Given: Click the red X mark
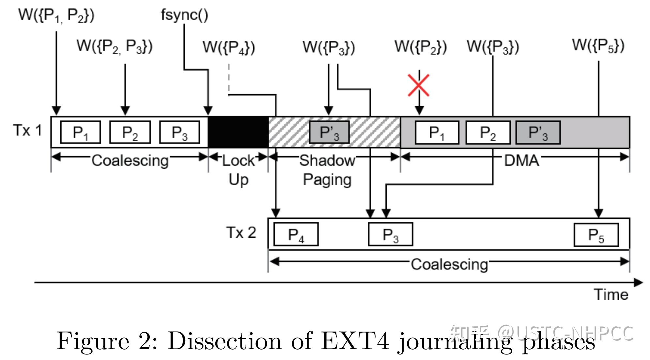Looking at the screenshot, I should point(419,85).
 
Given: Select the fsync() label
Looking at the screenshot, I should point(184,15).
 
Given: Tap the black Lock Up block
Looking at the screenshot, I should point(238,132).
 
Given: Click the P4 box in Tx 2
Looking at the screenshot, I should point(296,234).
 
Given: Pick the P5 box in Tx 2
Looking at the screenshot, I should point(596,234).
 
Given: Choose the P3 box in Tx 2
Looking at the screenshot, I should point(391,234).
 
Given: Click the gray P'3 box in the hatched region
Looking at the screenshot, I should point(329,132).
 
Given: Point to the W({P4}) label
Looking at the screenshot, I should point(229,47).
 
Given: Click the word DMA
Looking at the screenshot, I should point(521,160).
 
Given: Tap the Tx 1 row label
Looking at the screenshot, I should point(28,130).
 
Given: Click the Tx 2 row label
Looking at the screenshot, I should point(241,233).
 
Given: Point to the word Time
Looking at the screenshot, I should point(611,294).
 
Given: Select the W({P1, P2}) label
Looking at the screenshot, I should point(56,15).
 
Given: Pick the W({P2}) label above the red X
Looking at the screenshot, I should point(421,47).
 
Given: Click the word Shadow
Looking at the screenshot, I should point(327,160).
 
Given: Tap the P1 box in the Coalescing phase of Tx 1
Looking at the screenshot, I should point(81,132).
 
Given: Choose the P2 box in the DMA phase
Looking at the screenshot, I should point(488,132).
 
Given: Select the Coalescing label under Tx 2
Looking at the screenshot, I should point(449,264).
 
